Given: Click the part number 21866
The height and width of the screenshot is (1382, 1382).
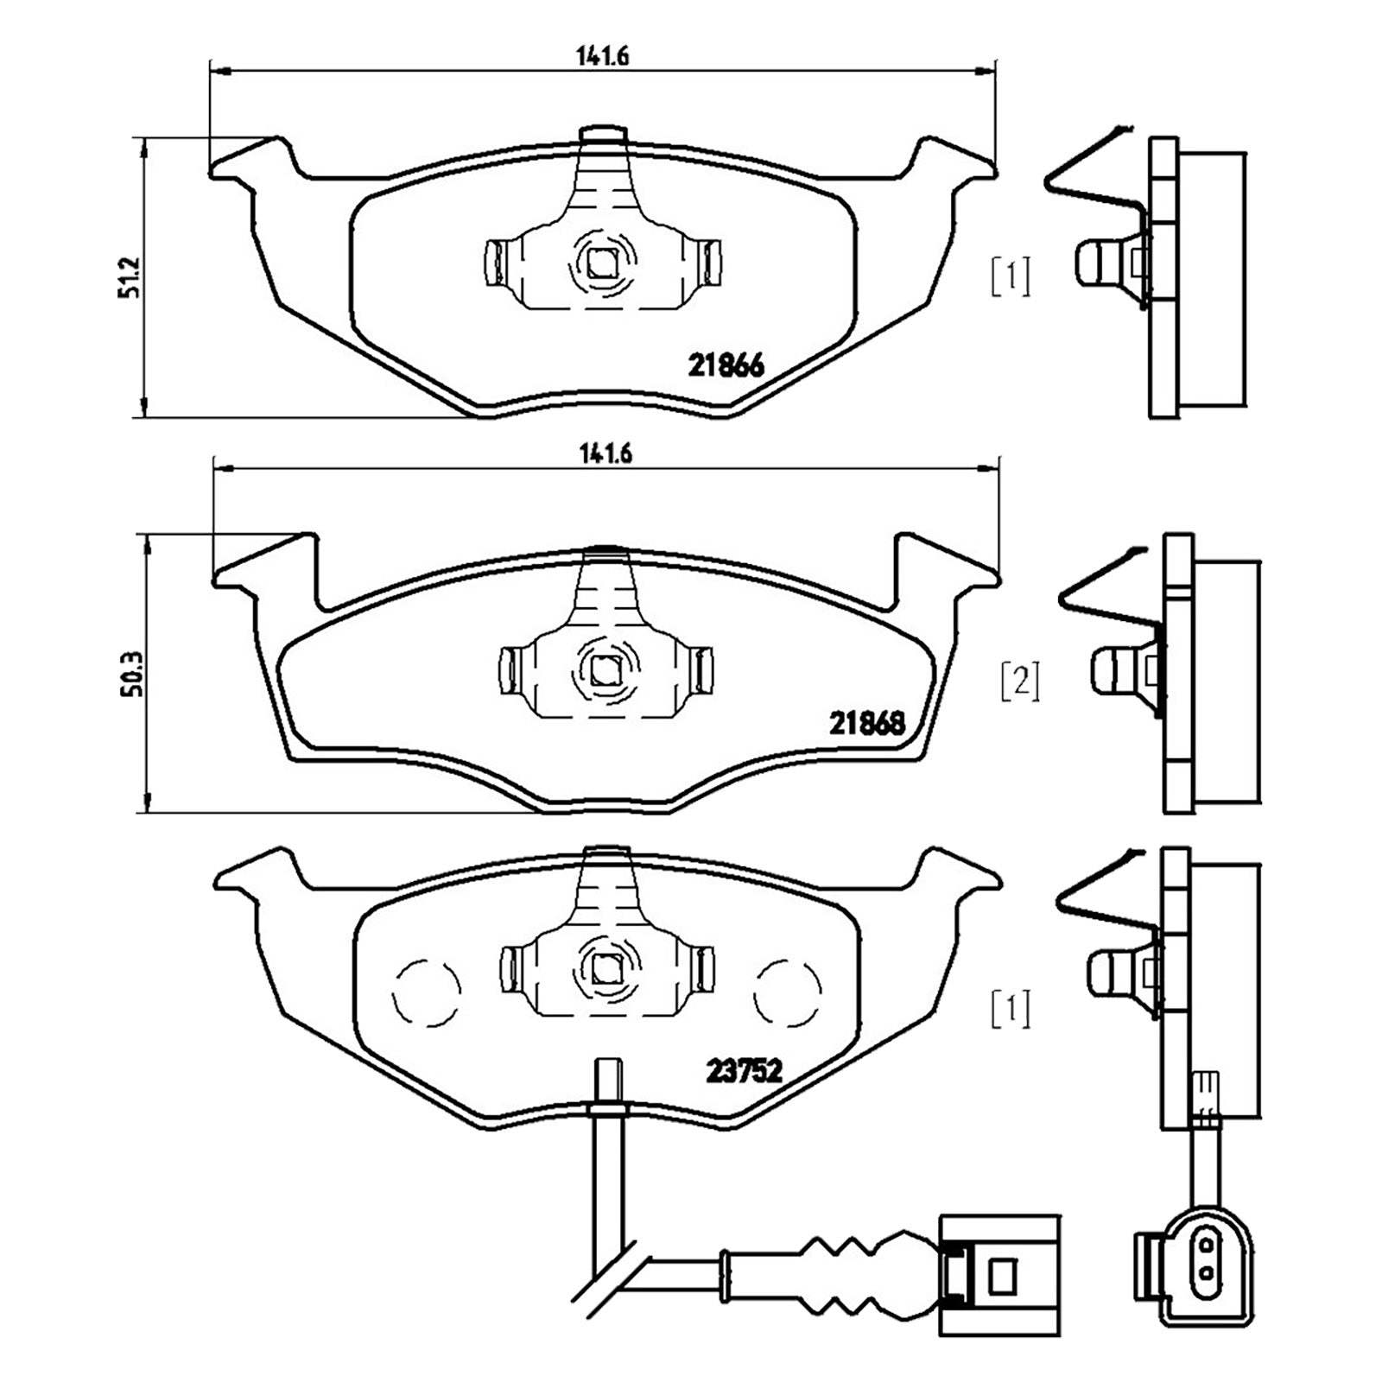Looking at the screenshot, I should pyautogui.click(x=726, y=366).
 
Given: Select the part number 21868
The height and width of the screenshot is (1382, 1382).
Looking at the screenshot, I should pyautogui.click(x=867, y=722).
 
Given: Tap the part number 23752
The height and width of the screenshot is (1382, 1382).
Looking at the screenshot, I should pyautogui.click(x=744, y=1071).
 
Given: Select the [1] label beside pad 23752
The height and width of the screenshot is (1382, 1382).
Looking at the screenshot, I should pyautogui.click(x=1011, y=1009).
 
